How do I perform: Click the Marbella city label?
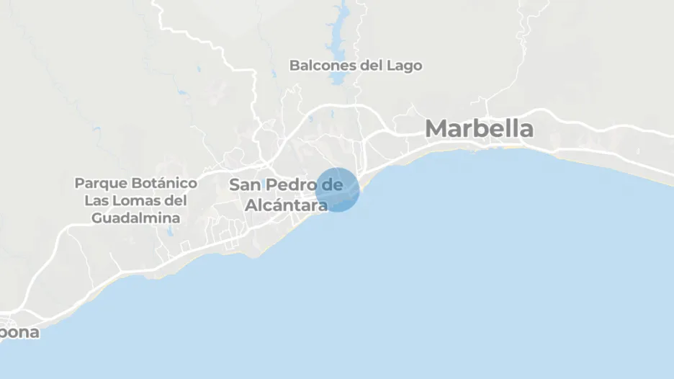479,129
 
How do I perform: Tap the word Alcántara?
286,205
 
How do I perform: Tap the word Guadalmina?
136,218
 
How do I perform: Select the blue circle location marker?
337,189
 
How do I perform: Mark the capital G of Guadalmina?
97,218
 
